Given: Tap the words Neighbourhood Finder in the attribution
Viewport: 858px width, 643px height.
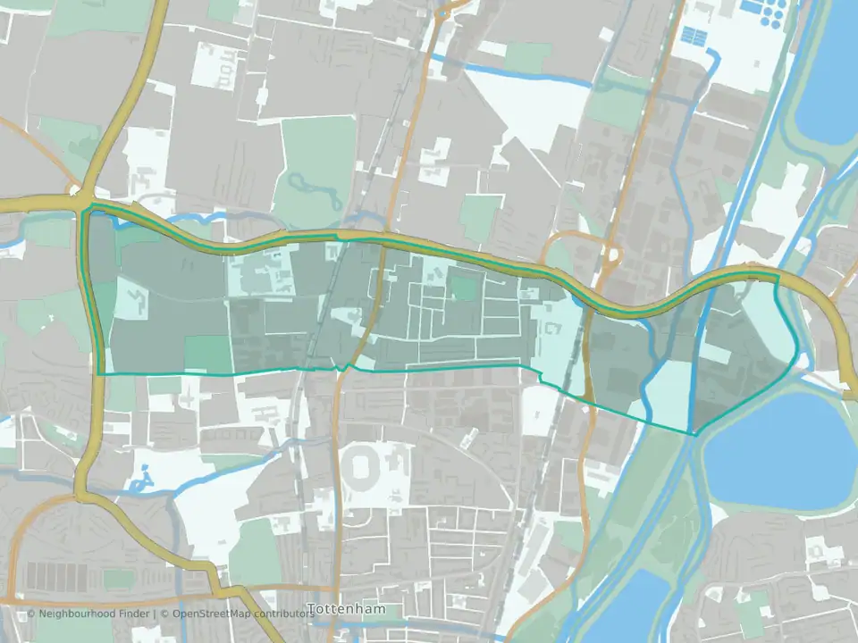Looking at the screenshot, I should point(98,614).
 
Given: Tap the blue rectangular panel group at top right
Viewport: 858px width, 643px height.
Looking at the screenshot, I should point(694,36).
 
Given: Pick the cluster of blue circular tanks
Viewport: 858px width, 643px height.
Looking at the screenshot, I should point(759,11).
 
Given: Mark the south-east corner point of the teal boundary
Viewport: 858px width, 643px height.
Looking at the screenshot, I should point(694,434).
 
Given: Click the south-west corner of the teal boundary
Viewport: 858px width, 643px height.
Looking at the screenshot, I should point(97,373).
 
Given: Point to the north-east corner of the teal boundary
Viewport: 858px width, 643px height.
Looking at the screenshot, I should point(778,277).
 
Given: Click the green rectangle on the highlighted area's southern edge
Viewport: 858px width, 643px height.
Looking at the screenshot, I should point(208,354).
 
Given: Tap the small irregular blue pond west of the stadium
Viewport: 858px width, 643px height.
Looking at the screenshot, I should point(139,484).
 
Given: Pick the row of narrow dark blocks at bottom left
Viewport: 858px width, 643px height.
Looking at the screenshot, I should point(55,575).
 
